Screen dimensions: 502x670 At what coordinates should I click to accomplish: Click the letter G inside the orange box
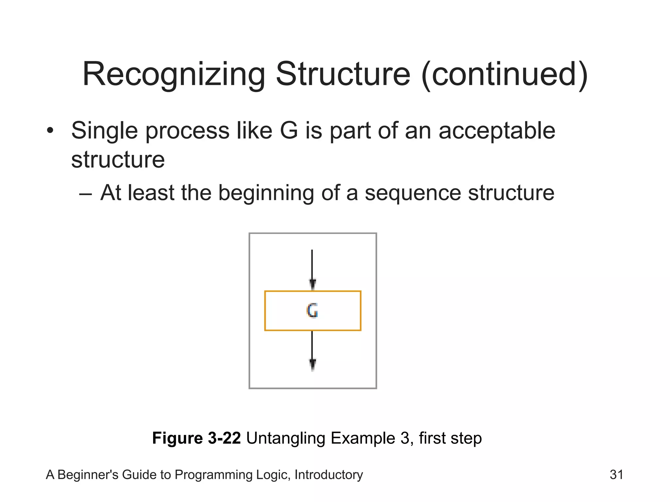pyautogui.click(x=312, y=310)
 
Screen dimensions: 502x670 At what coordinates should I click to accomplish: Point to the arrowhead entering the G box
pyautogui.click(x=312, y=284)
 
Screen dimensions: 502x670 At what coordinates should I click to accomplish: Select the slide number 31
pyautogui.click(x=616, y=475)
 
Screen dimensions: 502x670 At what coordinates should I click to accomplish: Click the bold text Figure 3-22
pyautogui.click(x=196, y=438)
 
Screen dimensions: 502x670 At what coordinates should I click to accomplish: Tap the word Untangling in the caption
pyautogui.click(x=286, y=438)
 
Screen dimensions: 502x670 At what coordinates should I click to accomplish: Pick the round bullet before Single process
pyautogui.click(x=50, y=130)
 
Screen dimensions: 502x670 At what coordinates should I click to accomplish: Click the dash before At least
pyautogui.click(x=85, y=193)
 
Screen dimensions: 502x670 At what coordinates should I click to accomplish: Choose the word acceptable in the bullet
pyautogui.click(x=497, y=130)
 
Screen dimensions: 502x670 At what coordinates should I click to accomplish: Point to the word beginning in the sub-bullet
pyautogui.click(x=266, y=192)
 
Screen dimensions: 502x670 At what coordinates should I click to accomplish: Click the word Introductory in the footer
pyautogui.click(x=328, y=475)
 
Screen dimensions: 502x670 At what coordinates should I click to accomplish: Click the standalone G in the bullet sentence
pyautogui.click(x=289, y=130)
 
